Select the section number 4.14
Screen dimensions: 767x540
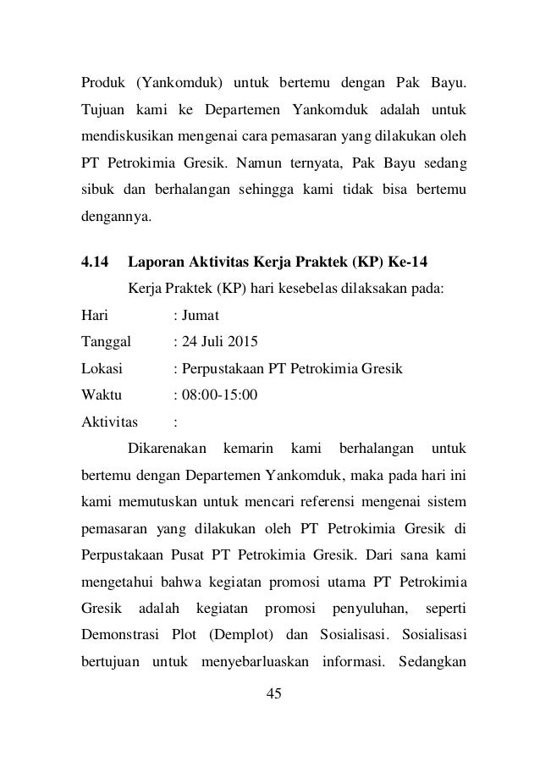click(95, 262)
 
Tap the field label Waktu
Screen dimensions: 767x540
click(101, 395)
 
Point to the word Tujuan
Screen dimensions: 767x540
click(103, 110)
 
